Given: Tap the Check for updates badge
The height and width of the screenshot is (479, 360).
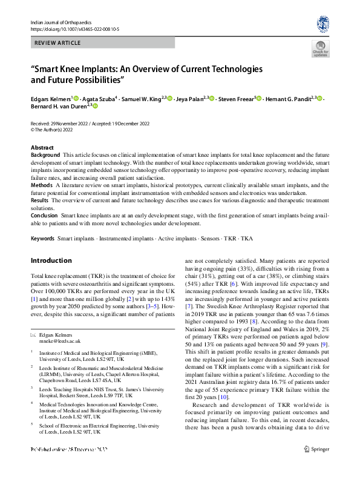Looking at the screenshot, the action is click(320, 48).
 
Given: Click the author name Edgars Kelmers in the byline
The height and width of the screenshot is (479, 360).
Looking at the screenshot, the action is click(51, 99).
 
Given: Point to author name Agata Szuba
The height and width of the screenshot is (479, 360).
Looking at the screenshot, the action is click(97, 99).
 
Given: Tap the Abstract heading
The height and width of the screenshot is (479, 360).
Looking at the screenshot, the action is click(42, 148).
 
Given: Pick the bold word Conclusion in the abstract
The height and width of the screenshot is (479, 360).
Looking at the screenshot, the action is click(44, 215).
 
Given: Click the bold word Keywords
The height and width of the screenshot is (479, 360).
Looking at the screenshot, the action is click(42, 239).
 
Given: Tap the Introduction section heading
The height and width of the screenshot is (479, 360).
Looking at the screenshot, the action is click(51, 260).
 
